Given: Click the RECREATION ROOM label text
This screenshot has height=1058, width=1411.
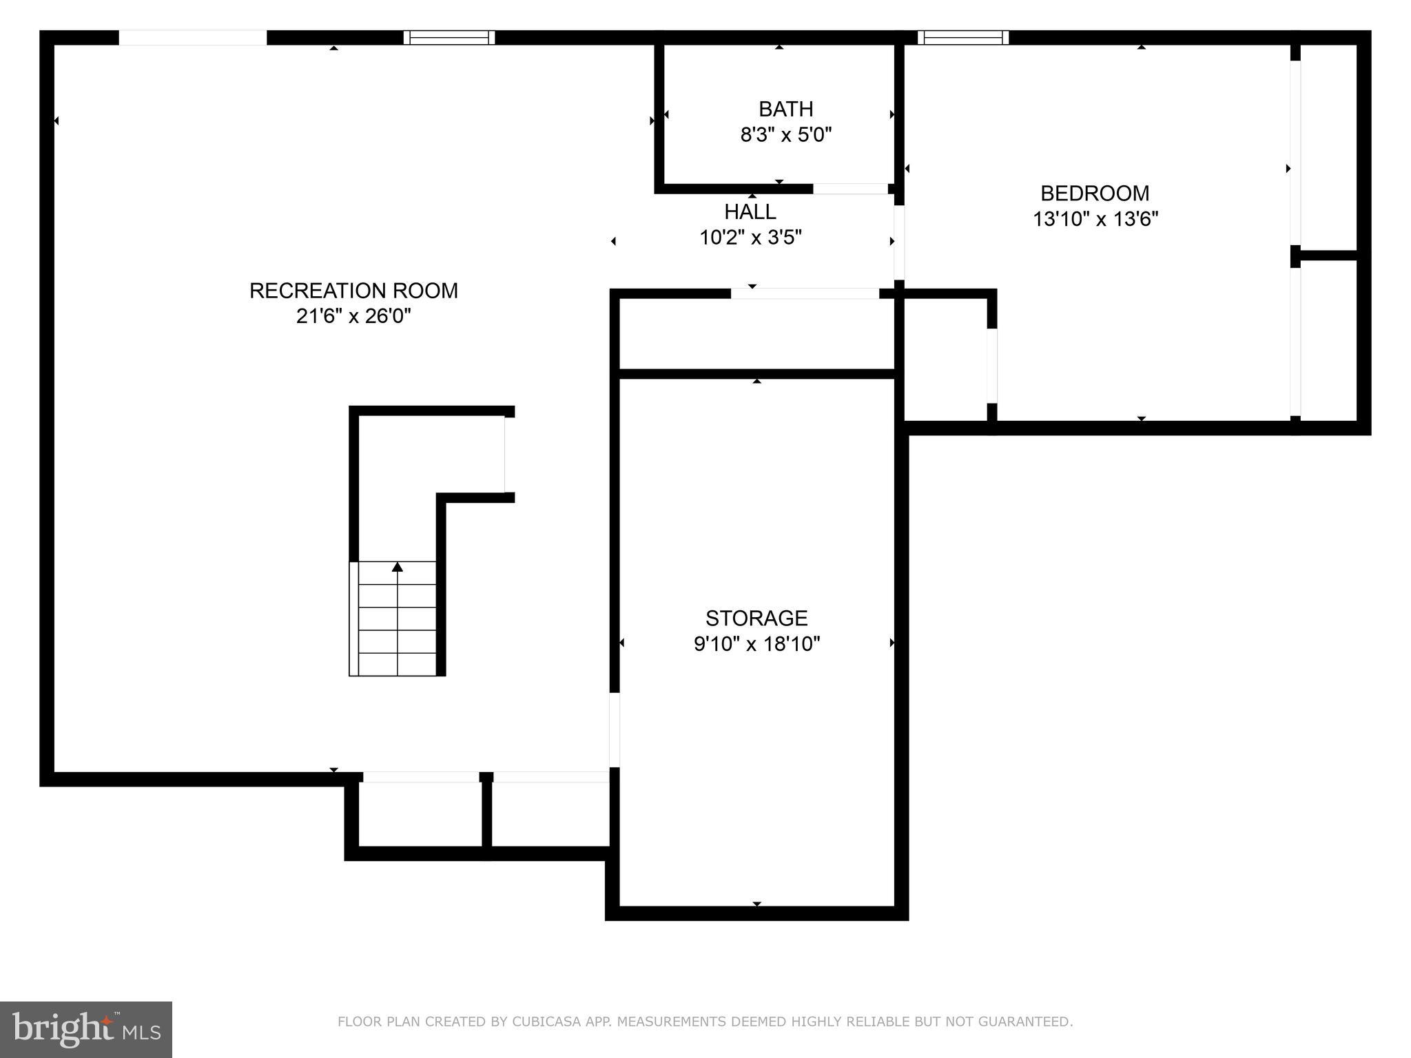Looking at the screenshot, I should coord(353,291).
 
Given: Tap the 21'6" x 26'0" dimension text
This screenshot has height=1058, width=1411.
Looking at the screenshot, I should coord(353,316).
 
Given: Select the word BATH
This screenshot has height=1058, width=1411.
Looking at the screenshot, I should coord(785,109).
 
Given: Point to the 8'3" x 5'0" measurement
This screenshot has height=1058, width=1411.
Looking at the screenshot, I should coord(785,134).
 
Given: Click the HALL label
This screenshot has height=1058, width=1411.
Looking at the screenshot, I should coord(750,211).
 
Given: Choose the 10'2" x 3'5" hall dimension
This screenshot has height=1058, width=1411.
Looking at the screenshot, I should coord(750,238).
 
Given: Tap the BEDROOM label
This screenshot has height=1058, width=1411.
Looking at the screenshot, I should coord(1094,193).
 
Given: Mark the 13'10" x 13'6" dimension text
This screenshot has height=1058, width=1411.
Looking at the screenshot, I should coord(1095,219).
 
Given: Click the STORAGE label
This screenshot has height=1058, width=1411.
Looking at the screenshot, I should coord(756,618).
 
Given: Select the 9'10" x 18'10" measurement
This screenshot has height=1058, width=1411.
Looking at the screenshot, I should coord(756,644).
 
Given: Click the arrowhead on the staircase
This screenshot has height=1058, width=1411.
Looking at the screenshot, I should coord(397,567).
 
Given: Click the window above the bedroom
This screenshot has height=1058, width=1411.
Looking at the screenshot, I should coord(962,37).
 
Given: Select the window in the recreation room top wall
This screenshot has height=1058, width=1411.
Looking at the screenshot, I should coord(449,37).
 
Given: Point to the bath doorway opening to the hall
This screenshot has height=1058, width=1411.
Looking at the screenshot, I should coord(850,189).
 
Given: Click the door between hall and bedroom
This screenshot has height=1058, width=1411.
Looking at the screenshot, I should coord(898,242).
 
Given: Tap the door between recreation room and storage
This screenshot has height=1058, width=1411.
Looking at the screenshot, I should coord(614,729).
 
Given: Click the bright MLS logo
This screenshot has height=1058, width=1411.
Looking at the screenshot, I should coord(85,1029).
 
